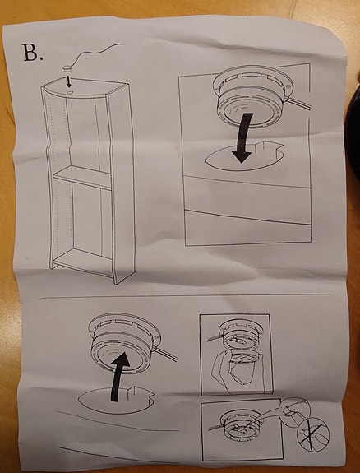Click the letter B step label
point(32,53)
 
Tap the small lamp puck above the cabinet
point(67,67)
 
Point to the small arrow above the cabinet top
point(69,81)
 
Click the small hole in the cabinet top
point(70,91)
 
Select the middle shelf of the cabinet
point(82,178)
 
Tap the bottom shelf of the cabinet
point(83,260)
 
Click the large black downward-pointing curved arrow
point(243,137)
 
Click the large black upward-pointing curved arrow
point(120,376)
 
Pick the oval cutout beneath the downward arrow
point(245,157)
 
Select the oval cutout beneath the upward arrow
point(117,400)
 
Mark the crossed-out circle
point(313,434)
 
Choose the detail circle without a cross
point(294,413)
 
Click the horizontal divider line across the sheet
point(186,295)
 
